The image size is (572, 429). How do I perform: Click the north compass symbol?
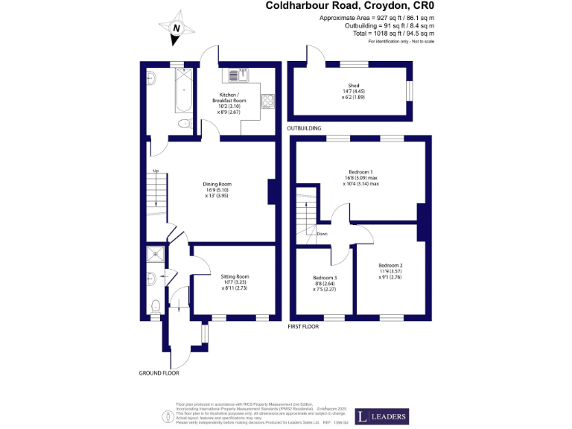coord(177,28)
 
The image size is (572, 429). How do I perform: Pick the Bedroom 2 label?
coord(390,266)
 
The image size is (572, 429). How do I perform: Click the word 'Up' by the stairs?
coord(156,171)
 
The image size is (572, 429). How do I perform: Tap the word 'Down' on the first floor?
coord(322,234)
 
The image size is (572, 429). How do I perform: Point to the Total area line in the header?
coord(394,34)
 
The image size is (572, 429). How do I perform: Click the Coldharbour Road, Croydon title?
coord(350,6)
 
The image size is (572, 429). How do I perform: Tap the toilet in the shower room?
coord(155,305)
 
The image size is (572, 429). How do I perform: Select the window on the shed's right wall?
coord(409,89)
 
